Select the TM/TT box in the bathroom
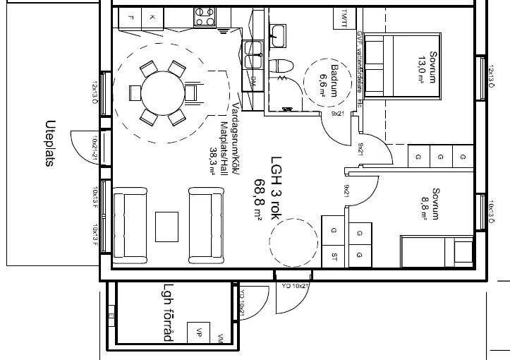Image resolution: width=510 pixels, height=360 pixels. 344,16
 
